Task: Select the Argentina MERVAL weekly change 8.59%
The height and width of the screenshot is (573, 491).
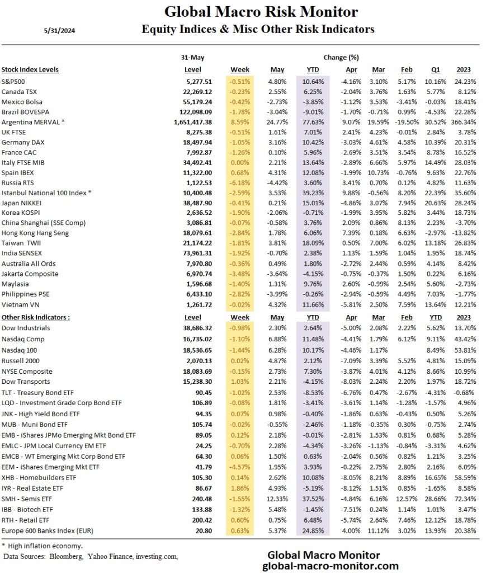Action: (241, 121)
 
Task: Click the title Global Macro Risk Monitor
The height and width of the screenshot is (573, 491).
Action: (261, 12)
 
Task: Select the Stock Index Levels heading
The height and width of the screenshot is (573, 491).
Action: (30, 70)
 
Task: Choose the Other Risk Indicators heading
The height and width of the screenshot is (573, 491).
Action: (36, 317)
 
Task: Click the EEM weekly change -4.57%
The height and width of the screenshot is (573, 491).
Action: (241, 467)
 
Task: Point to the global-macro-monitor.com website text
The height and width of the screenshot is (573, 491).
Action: (331, 566)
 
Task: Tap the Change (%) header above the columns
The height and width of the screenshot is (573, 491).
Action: (341, 57)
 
